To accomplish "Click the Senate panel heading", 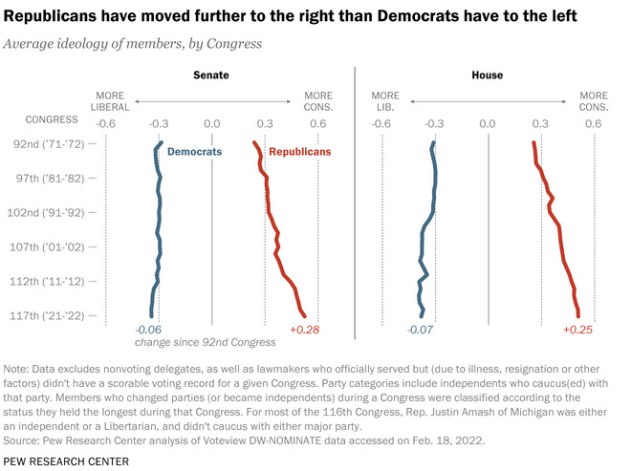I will [211, 75].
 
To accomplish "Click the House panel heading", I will [487, 75].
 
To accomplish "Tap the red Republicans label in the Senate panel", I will [299, 152].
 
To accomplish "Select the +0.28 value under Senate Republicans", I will [302, 330].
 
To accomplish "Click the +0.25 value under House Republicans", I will [577, 330].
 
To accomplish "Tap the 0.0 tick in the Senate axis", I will [211, 123].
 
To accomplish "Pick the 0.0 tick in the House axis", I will [487, 123].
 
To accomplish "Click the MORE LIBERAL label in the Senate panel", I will [111, 101].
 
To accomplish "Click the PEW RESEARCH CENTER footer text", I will [66, 461].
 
